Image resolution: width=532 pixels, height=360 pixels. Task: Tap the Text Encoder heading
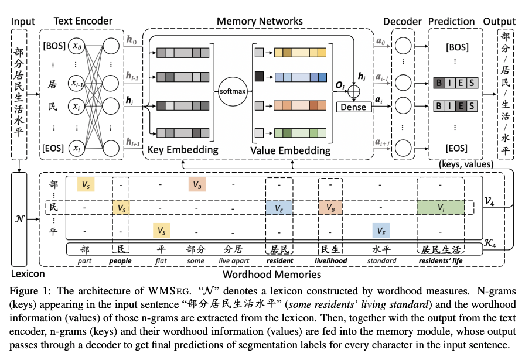pyautogui.click(x=83, y=22)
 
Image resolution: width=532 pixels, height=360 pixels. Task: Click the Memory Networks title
pyautogui.click(x=260, y=22)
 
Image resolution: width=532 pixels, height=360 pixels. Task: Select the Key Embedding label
pyautogui.click(x=183, y=150)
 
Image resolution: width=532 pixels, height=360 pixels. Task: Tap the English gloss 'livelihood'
pyautogui.click(x=331, y=260)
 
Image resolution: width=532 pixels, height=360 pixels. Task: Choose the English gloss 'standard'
pyautogui.click(x=382, y=260)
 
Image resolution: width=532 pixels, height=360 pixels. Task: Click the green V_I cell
pyautogui.click(x=440, y=207)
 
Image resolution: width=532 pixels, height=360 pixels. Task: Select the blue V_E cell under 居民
pyautogui.click(x=279, y=207)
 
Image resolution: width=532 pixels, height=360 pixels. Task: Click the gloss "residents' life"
pyautogui.click(x=440, y=260)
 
